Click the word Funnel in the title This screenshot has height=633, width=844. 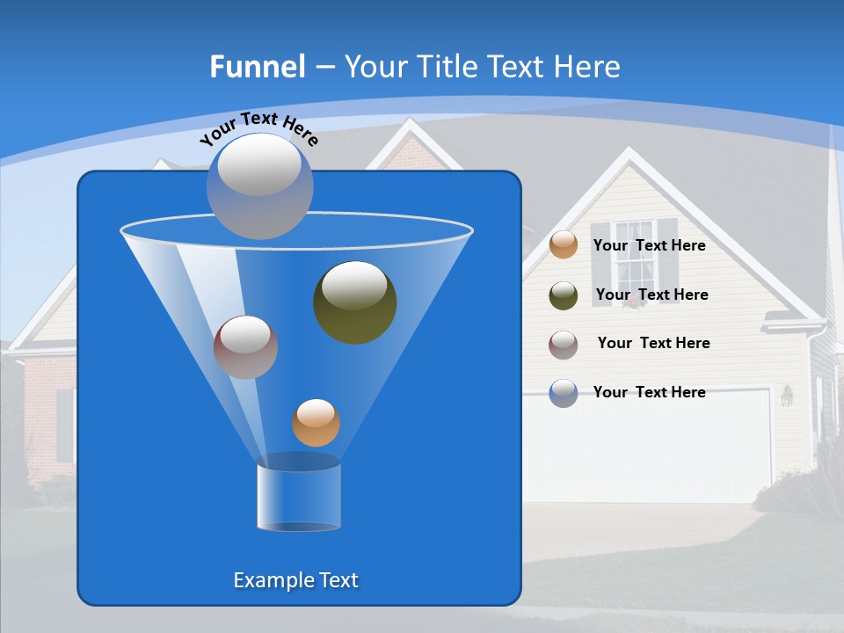pos(257,67)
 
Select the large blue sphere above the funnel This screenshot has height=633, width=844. pos(260,186)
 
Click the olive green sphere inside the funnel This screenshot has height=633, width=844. pos(354,302)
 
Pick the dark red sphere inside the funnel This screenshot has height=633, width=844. pos(245,347)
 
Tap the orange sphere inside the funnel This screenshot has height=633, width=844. pos(316,423)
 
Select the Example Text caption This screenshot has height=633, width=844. pos(295,580)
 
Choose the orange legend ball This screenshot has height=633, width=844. pos(564,244)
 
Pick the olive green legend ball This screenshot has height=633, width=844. pos(564,295)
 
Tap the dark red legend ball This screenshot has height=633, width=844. pos(564,344)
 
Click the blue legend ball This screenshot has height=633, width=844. pos(564,393)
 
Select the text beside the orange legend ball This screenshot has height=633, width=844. pos(649,246)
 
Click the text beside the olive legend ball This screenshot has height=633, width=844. pos(651,295)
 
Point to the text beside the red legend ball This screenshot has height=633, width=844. pos(653,344)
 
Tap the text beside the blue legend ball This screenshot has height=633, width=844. pos(649,392)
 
